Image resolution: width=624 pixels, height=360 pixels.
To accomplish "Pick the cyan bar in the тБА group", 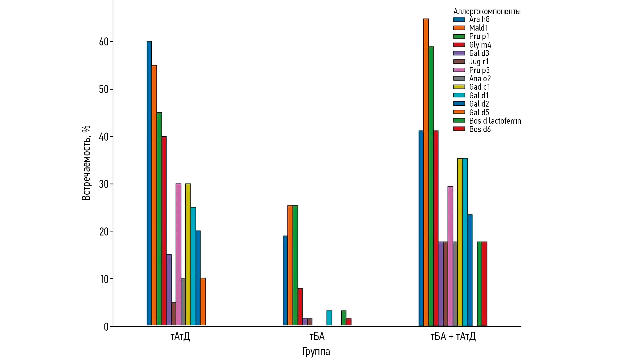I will pos(329,318).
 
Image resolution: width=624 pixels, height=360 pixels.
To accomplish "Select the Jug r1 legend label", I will pos(479,62).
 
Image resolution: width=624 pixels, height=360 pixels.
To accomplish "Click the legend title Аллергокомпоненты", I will pos(487,11).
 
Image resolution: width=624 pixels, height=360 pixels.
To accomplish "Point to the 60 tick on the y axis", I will pos(104,42).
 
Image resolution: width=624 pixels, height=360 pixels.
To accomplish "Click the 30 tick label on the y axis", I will pos(104,184).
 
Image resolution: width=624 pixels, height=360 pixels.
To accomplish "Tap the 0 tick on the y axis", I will pos(106,327).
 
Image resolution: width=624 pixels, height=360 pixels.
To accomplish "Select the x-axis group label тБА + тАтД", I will pos(453,336).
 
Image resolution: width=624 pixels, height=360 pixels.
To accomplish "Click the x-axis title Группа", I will pos(316,351).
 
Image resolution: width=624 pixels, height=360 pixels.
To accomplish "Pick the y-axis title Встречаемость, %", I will pos(86,163).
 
